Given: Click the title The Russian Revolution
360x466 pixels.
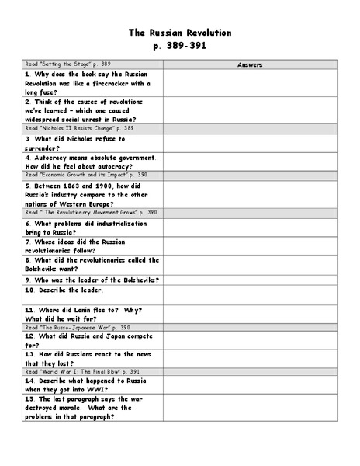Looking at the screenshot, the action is (180, 33).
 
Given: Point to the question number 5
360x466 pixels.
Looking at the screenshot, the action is (27, 186).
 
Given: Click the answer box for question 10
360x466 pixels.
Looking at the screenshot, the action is (250, 294).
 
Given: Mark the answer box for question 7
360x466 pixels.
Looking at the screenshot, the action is (250, 245).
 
